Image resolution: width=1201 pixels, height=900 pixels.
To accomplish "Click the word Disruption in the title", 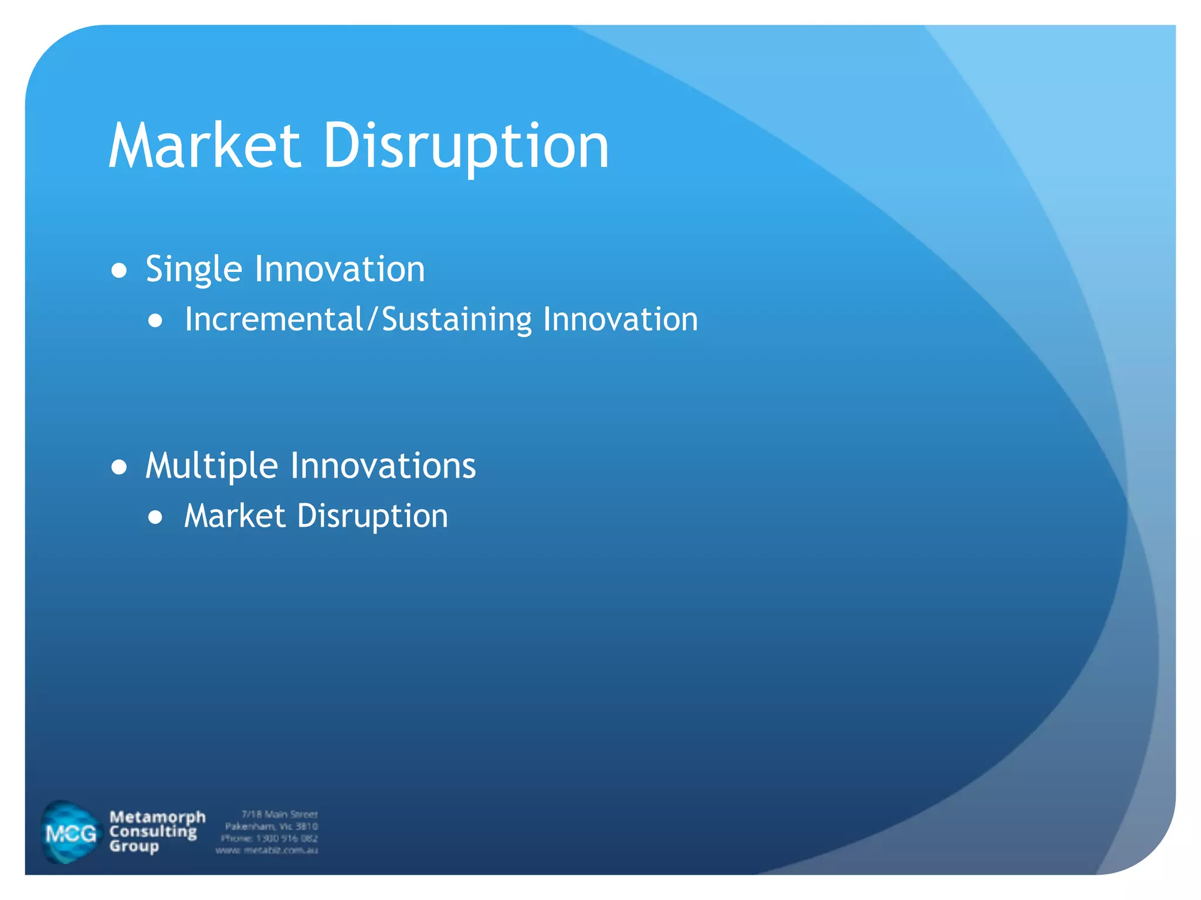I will coord(466,146).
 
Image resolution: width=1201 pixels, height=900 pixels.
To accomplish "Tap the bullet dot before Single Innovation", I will coord(119,271).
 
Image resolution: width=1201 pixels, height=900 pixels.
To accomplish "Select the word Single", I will coord(194,270).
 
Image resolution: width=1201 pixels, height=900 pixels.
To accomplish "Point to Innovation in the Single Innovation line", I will coord(340,270).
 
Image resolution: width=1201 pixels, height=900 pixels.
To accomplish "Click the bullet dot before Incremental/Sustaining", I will coord(155,321).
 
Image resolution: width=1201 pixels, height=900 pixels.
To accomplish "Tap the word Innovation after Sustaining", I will coord(620,320).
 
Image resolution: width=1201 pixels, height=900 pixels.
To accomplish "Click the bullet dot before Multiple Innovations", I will coord(119,467).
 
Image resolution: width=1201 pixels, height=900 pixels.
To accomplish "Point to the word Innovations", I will coord(383,466).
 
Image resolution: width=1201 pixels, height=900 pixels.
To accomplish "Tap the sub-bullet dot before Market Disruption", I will coord(155,517).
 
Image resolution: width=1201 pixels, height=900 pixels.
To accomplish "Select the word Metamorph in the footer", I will coord(157,817).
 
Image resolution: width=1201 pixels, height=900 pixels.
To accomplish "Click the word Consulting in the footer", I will coord(153,831).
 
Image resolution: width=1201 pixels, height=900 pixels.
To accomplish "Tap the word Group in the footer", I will coord(134,846).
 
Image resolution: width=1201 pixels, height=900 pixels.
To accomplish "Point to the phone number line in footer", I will coord(269,838).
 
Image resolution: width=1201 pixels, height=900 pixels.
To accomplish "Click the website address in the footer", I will coord(267,850).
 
